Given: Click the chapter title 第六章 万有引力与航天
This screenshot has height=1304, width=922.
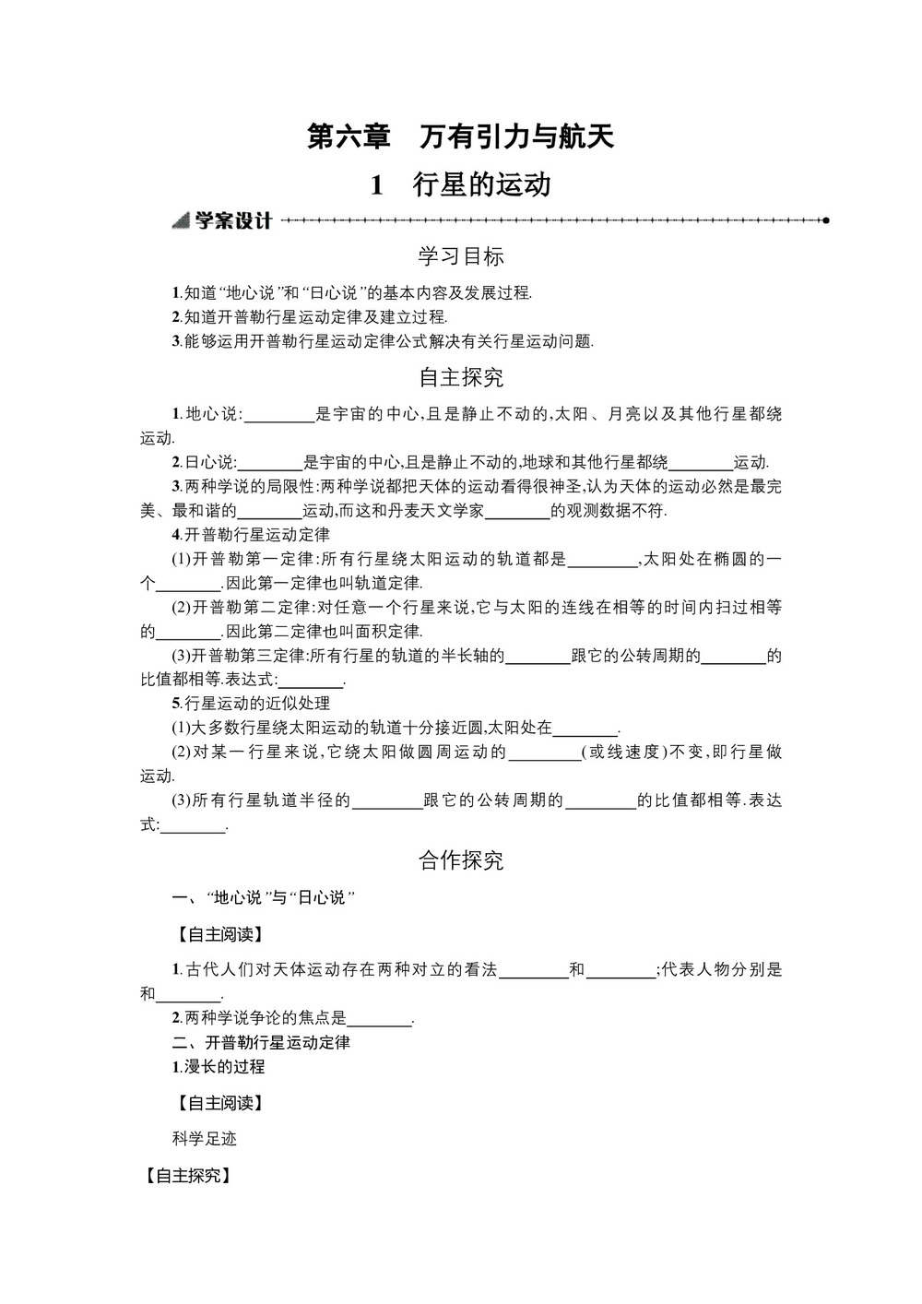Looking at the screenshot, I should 460,137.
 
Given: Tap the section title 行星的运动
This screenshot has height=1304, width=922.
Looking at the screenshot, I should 460,185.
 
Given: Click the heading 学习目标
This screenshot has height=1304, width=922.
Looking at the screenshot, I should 460,256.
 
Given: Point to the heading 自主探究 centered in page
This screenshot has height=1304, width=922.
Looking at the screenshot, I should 460,377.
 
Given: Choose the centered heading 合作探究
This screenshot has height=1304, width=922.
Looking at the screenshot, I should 460,860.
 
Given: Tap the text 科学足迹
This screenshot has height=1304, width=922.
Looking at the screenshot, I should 205,1139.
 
